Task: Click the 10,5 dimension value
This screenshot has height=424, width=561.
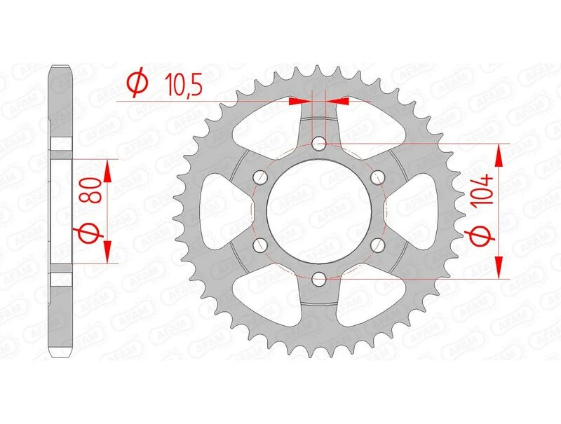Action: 183,85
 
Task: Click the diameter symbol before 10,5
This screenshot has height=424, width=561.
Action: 137,84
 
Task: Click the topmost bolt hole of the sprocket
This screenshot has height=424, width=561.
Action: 320,144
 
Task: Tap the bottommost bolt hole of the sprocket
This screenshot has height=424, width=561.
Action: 320,280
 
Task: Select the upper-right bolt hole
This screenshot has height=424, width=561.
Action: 379,178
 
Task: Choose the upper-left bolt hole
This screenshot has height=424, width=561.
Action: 261,178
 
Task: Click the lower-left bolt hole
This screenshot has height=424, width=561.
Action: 261,245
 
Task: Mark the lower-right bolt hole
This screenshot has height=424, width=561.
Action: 379,245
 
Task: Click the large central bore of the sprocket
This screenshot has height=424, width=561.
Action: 320,212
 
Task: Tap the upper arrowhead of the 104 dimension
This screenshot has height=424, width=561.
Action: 499,156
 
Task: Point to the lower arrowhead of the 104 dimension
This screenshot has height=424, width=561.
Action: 499,268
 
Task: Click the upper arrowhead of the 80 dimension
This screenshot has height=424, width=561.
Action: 107,170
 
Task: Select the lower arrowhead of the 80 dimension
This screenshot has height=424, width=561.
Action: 107,253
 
